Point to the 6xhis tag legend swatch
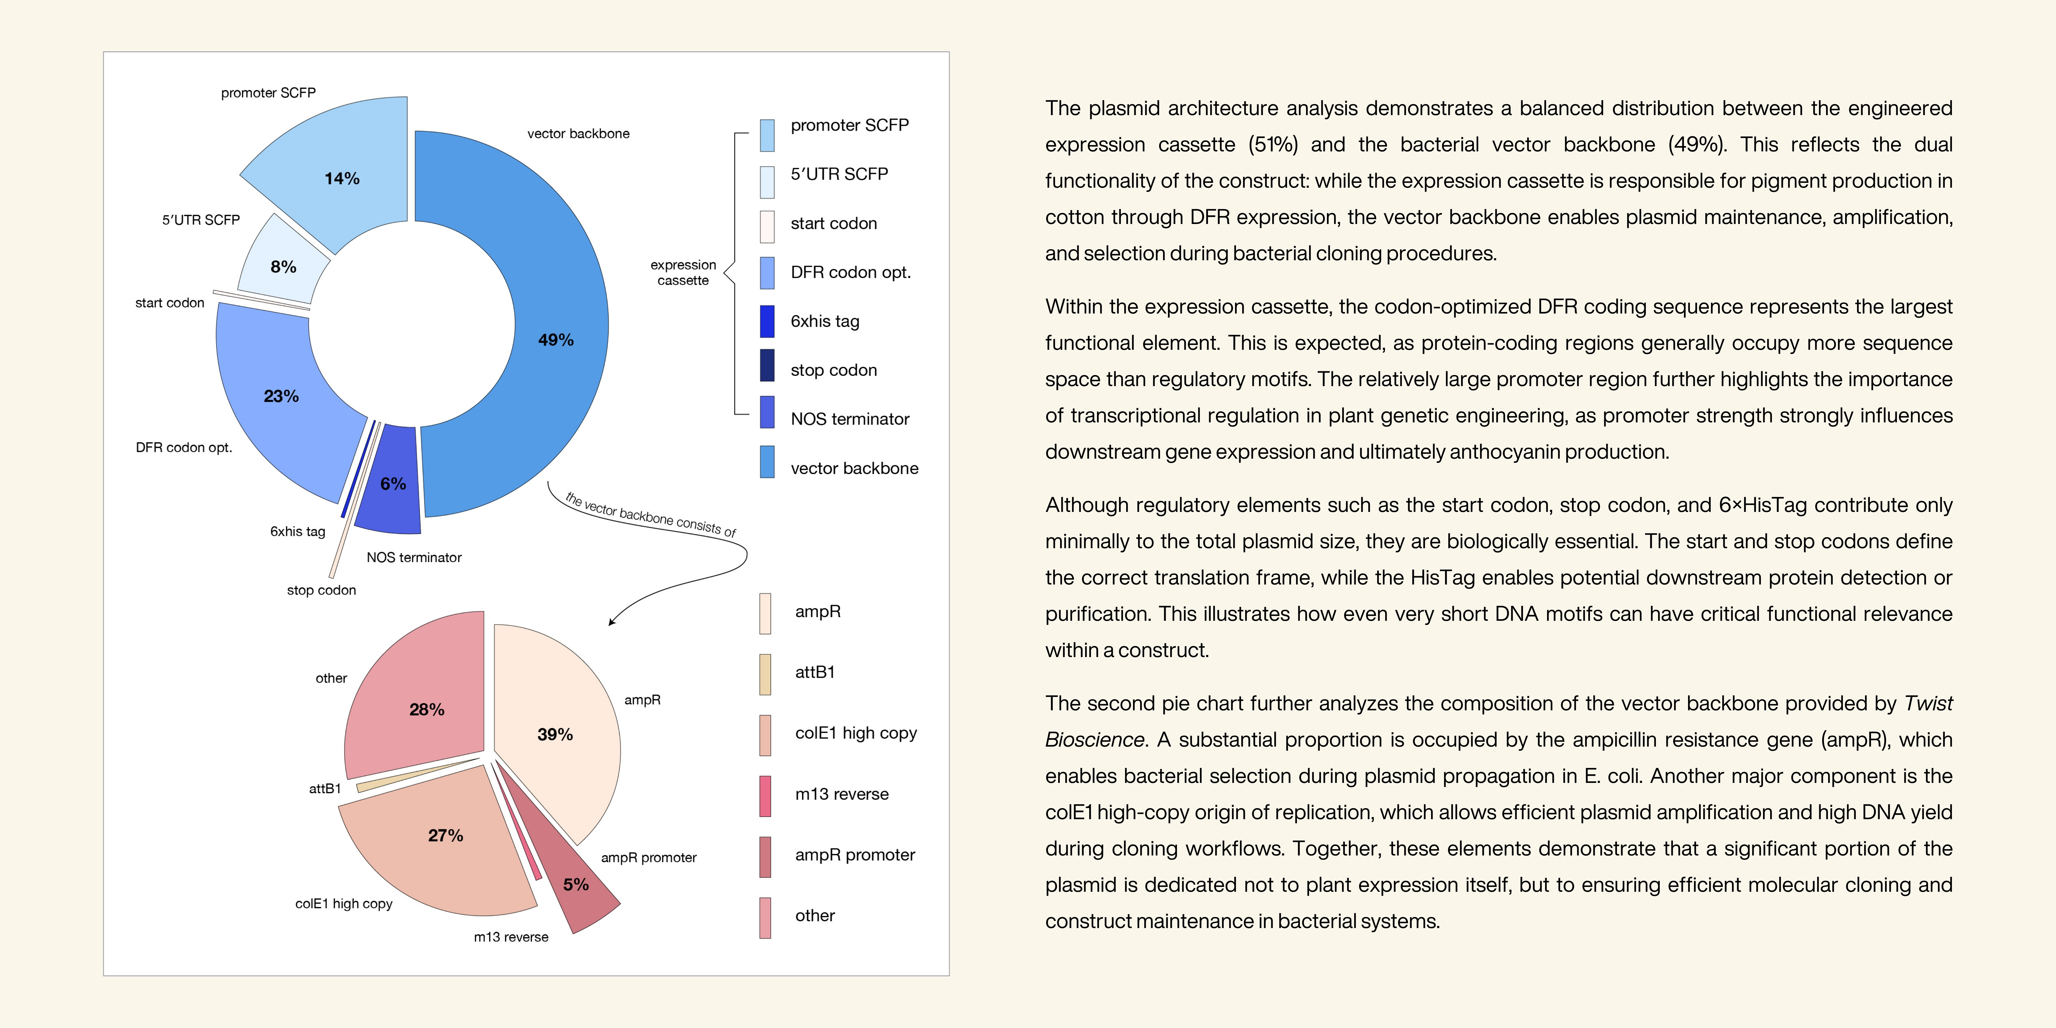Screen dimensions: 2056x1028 click(x=767, y=322)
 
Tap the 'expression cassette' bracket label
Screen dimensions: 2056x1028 click(x=683, y=272)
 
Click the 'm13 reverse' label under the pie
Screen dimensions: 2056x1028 click(x=511, y=937)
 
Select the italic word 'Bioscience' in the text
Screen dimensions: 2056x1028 click(x=1094, y=740)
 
